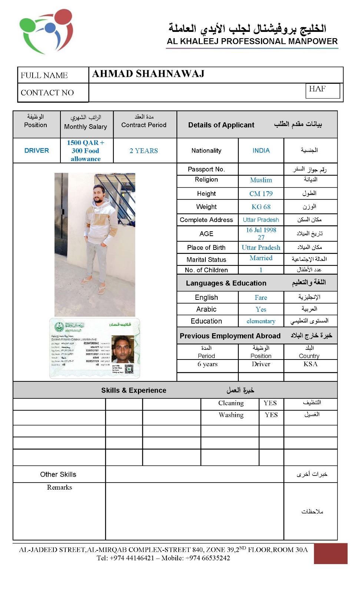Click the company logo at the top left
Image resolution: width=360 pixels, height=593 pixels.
[x=46, y=31]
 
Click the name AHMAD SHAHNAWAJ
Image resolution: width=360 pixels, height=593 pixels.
[x=148, y=74]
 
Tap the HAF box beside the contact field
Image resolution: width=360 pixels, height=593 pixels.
[x=322, y=90]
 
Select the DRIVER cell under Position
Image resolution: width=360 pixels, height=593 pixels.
[x=37, y=150]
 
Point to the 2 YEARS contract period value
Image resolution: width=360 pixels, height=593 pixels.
[x=144, y=151]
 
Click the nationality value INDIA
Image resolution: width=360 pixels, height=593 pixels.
[x=261, y=150]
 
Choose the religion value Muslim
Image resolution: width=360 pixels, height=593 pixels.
[x=261, y=180]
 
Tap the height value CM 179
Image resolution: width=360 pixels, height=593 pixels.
[x=261, y=193]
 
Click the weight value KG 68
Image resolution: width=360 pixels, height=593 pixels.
[x=261, y=207]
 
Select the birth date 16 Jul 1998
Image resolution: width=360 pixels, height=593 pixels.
[x=261, y=230]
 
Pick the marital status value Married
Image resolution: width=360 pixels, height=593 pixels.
[x=261, y=258]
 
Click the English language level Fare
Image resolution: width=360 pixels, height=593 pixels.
[x=261, y=298]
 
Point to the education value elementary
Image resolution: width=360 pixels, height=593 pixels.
[x=261, y=321]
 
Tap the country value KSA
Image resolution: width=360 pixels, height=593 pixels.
[x=310, y=364]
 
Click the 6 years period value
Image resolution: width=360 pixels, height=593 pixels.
[x=207, y=364]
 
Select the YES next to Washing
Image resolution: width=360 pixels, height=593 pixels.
[x=271, y=415]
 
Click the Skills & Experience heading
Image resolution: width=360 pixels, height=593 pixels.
[x=134, y=390]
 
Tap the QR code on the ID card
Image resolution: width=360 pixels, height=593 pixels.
[x=129, y=368]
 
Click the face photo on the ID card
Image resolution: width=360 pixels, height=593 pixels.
[x=123, y=349]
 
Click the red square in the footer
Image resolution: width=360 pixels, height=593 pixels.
[x=330, y=553]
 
